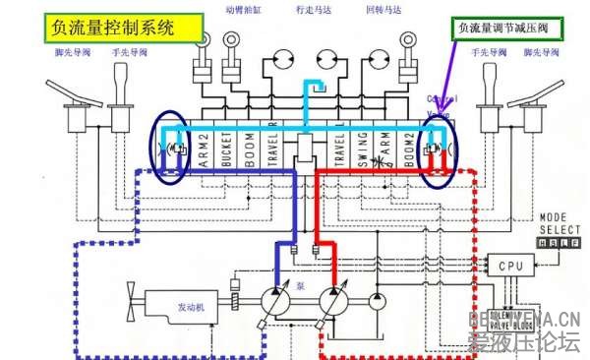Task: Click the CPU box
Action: coord(511,266)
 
